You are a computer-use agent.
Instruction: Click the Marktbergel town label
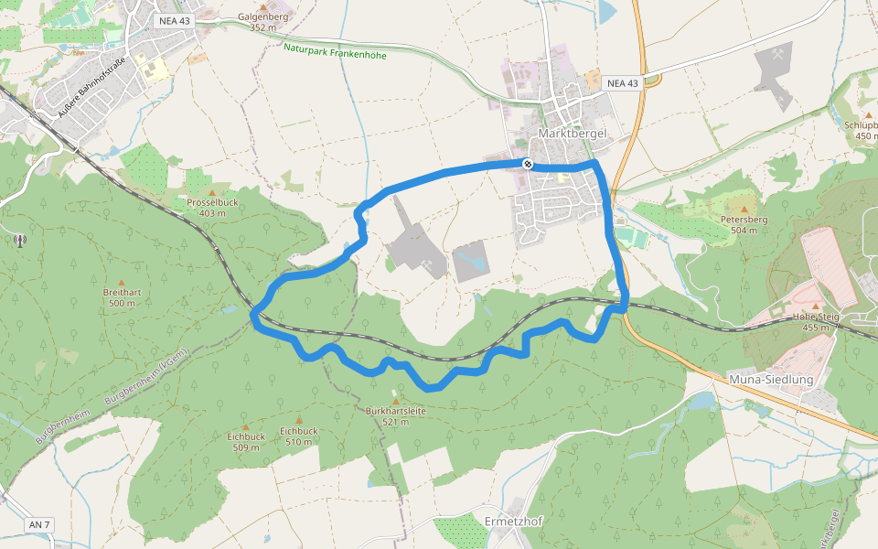(573, 134)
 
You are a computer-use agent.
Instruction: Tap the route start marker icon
(528, 164)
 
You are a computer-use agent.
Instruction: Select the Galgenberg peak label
(262, 21)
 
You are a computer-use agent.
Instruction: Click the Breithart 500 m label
(122, 297)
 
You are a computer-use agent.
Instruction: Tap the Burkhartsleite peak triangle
(395, 401)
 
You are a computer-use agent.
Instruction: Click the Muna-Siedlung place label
(770, 379)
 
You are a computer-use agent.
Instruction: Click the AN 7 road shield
(39, 524)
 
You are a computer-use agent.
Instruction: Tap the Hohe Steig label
(816, 321)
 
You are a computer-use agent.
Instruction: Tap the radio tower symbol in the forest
(18, 242)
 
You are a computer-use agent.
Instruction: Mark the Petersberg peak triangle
(743, 209)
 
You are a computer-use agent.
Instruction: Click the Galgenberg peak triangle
(262, 7)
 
